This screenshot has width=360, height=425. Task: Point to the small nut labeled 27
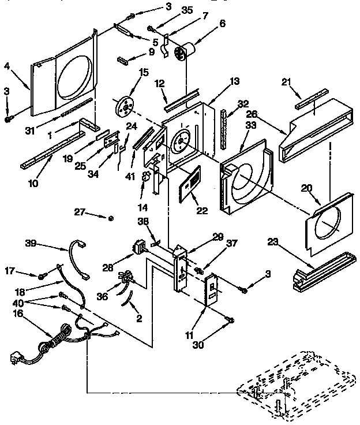(111, 218)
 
